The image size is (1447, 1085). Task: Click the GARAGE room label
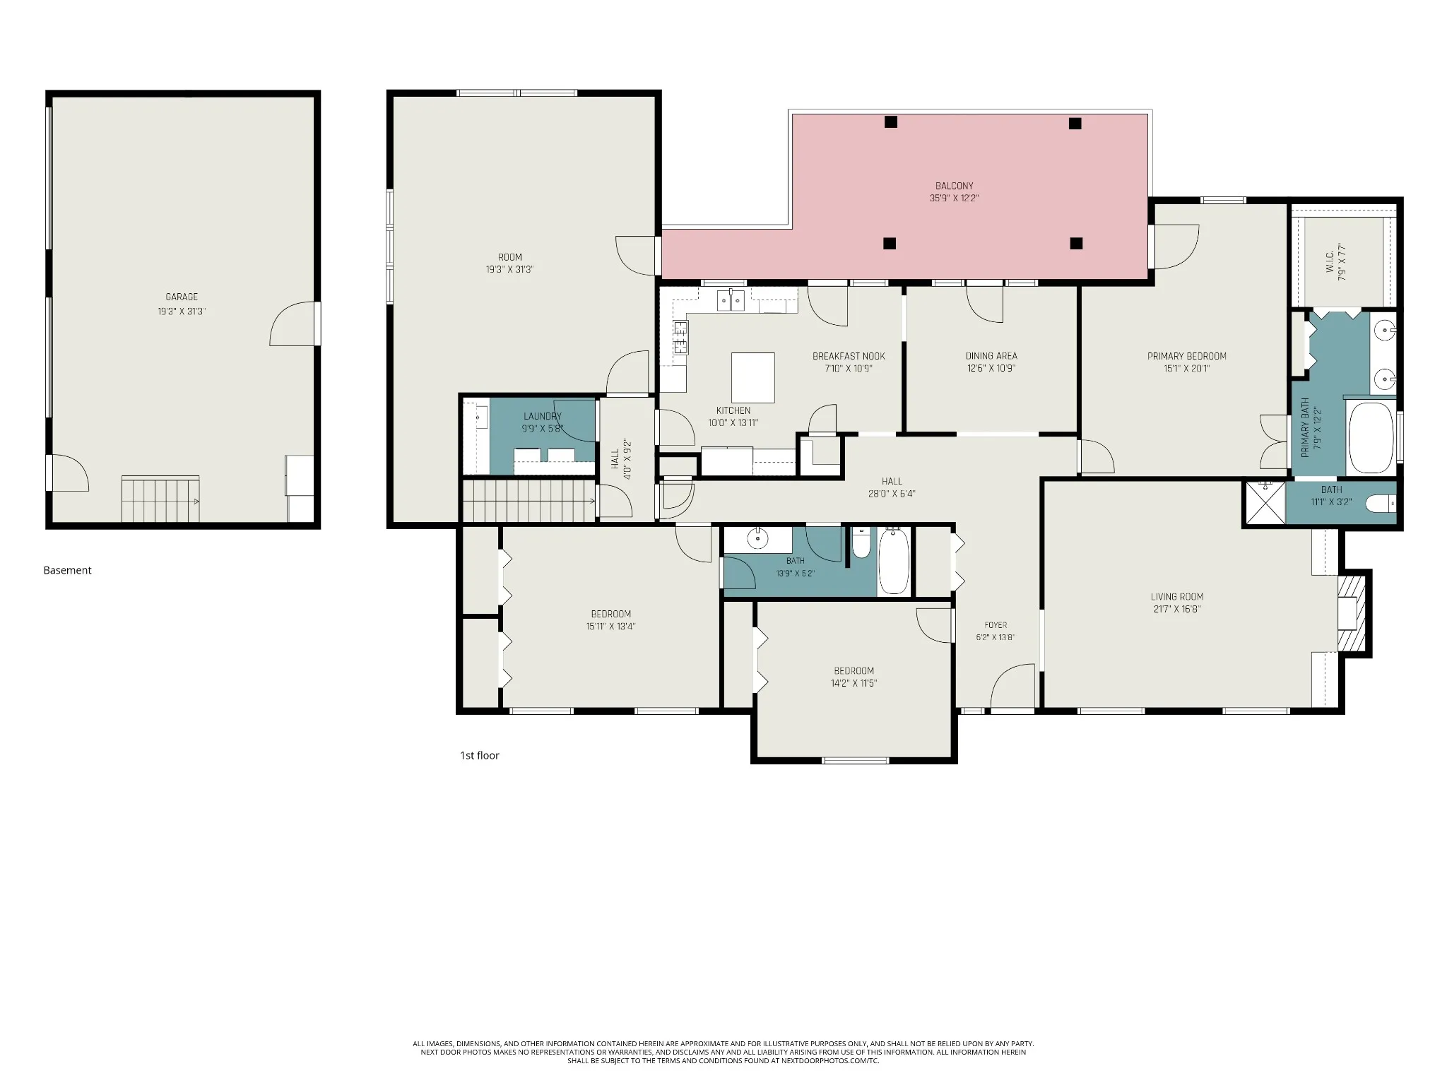coord(182,297)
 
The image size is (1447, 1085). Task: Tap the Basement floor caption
coord(68,570)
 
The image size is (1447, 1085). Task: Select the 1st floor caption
coord(480,755)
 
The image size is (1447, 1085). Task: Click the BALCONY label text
coord(955,186)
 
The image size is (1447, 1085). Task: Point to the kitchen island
coord(752,377)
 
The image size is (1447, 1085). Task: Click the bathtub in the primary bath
coord(1371,438)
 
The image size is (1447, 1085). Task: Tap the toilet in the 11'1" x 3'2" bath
coord(1381,504)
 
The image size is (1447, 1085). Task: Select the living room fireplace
coord(1354,613)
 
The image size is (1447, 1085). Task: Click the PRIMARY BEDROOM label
coord(1187,356)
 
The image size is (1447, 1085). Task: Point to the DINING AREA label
coord(991,356)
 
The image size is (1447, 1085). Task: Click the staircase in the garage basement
coord(160,499)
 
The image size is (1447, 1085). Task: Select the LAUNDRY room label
coord(543,416)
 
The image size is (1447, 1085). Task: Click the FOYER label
coord(996,625)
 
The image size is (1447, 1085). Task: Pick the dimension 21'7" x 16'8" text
coord(1177,609)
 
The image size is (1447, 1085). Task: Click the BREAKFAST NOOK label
coord(849,356)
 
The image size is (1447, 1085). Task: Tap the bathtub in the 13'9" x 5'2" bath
coord(894,562)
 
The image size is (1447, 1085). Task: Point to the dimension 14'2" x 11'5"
coord(854,683)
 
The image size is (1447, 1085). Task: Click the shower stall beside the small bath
coord(1265,503)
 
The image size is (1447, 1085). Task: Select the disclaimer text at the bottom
coord(723,1052)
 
